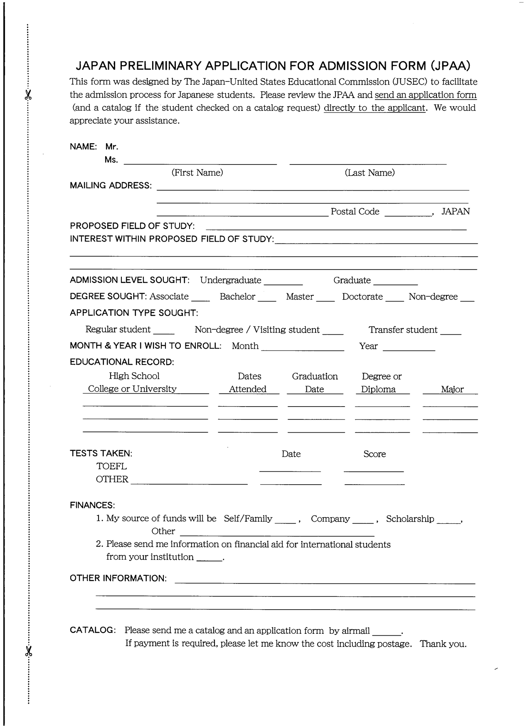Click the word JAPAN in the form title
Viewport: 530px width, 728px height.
(97, 66)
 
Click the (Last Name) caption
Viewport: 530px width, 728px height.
(370, 173)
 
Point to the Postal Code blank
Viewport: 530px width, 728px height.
(408, 213)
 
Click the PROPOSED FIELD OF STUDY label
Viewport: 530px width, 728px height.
(132, 226)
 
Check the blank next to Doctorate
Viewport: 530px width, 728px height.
(394, 299)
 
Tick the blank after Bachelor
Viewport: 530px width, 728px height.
(266, 299)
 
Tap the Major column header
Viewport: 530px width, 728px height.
(452, 390)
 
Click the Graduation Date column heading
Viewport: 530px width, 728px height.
(315, 382)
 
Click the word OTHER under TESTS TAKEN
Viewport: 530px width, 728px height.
(112, 479)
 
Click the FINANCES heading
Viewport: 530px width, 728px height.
(92, 505)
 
